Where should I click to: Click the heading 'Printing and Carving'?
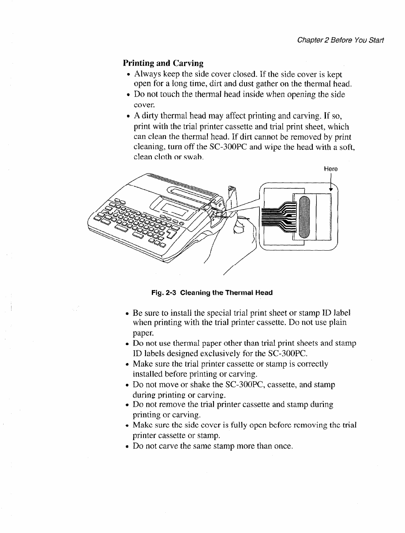coord(163,63)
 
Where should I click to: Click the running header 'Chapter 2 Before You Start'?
coord(338,41)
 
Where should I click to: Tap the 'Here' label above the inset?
coord(331,169)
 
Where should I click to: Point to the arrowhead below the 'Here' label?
coord(331,189)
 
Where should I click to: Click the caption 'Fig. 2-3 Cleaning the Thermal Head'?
coord(212,293)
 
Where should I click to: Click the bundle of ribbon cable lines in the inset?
coord(278,218)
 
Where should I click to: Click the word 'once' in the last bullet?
coord(283,446)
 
